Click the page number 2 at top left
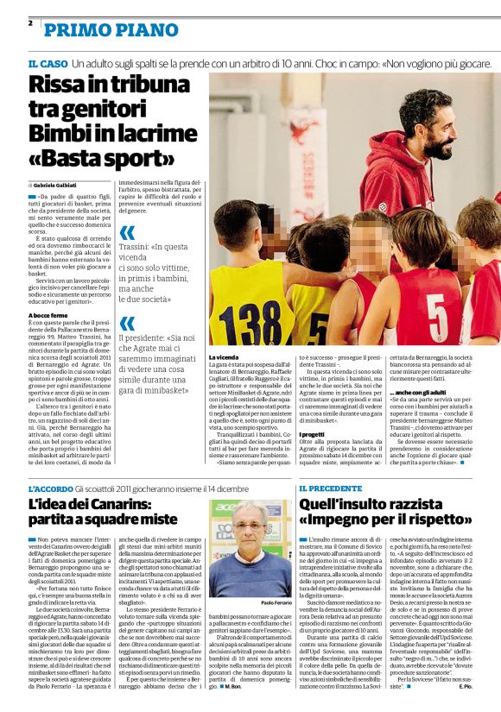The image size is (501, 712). click(31, 22)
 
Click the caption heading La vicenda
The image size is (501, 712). click(224, 356)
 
